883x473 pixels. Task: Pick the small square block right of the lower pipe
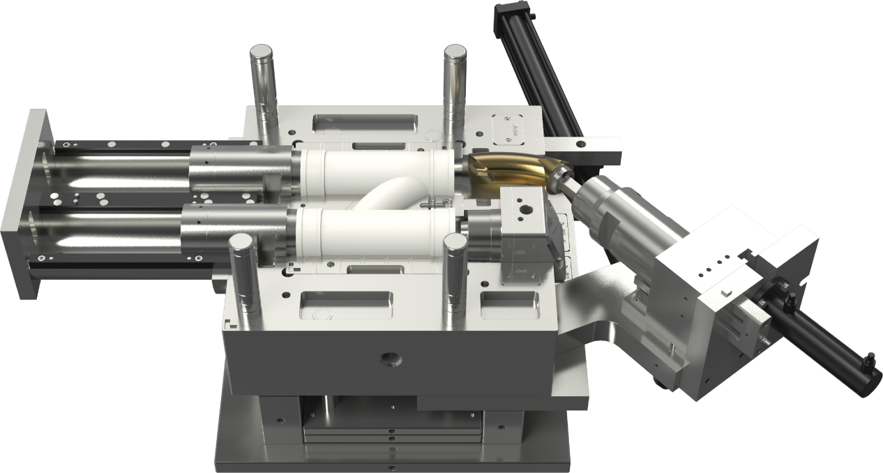pyautogui.click(x=523, y=213)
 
